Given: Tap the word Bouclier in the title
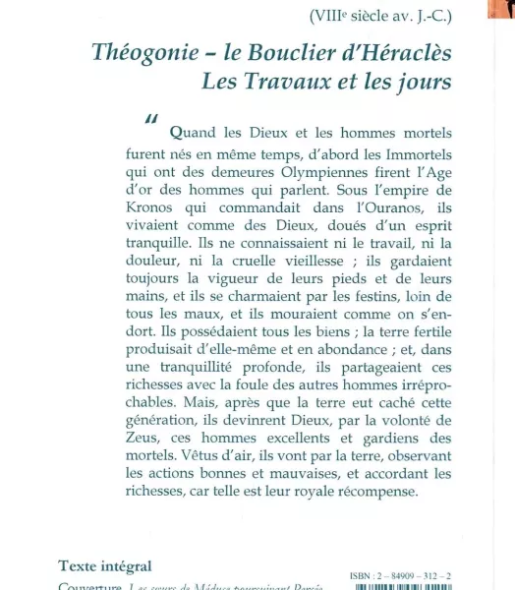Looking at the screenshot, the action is coord(286,52).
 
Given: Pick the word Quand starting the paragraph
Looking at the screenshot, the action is coord(195,134).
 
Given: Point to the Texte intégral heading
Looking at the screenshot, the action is coord(105,565).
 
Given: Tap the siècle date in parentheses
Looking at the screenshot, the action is coord(393,15).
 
